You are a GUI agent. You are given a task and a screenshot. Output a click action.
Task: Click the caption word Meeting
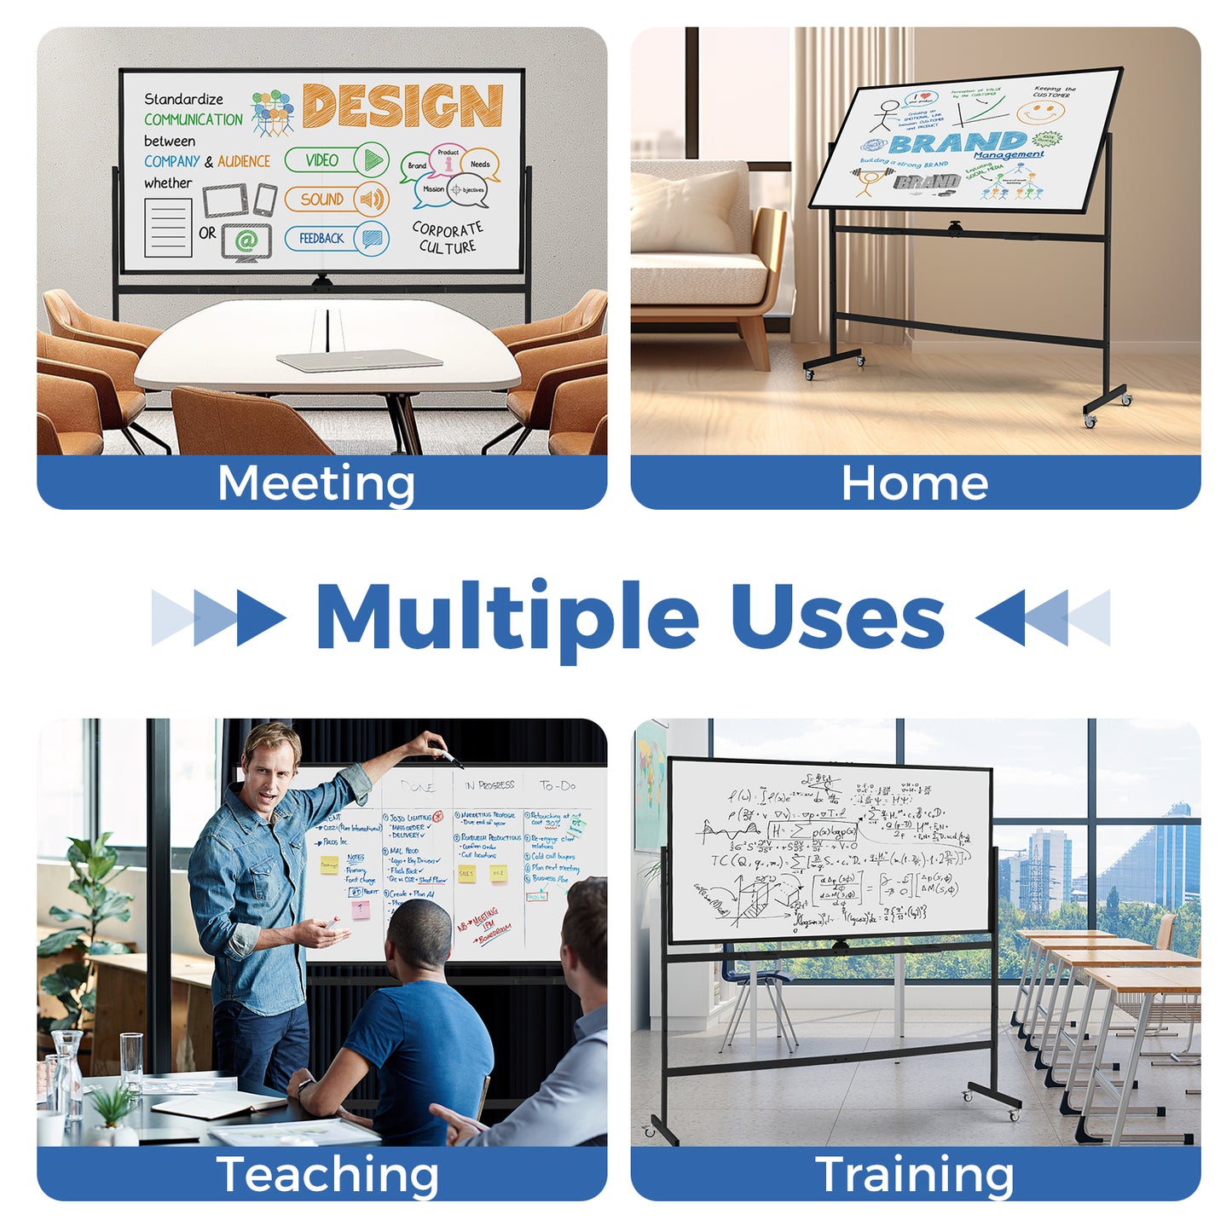(x=316, y=483)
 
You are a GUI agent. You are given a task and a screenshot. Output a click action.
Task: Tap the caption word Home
(x=915, y=483)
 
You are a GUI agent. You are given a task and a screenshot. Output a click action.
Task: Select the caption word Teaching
(x=327, y=1175)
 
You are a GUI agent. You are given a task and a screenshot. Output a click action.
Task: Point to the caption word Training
(x=915, y=1175)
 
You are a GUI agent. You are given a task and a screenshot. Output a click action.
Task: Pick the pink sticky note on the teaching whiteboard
(x=362, y=909)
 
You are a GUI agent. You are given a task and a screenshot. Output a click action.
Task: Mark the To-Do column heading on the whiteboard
(x=558, y=785)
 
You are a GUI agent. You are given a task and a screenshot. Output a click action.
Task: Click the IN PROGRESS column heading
(x=489, y=784)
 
